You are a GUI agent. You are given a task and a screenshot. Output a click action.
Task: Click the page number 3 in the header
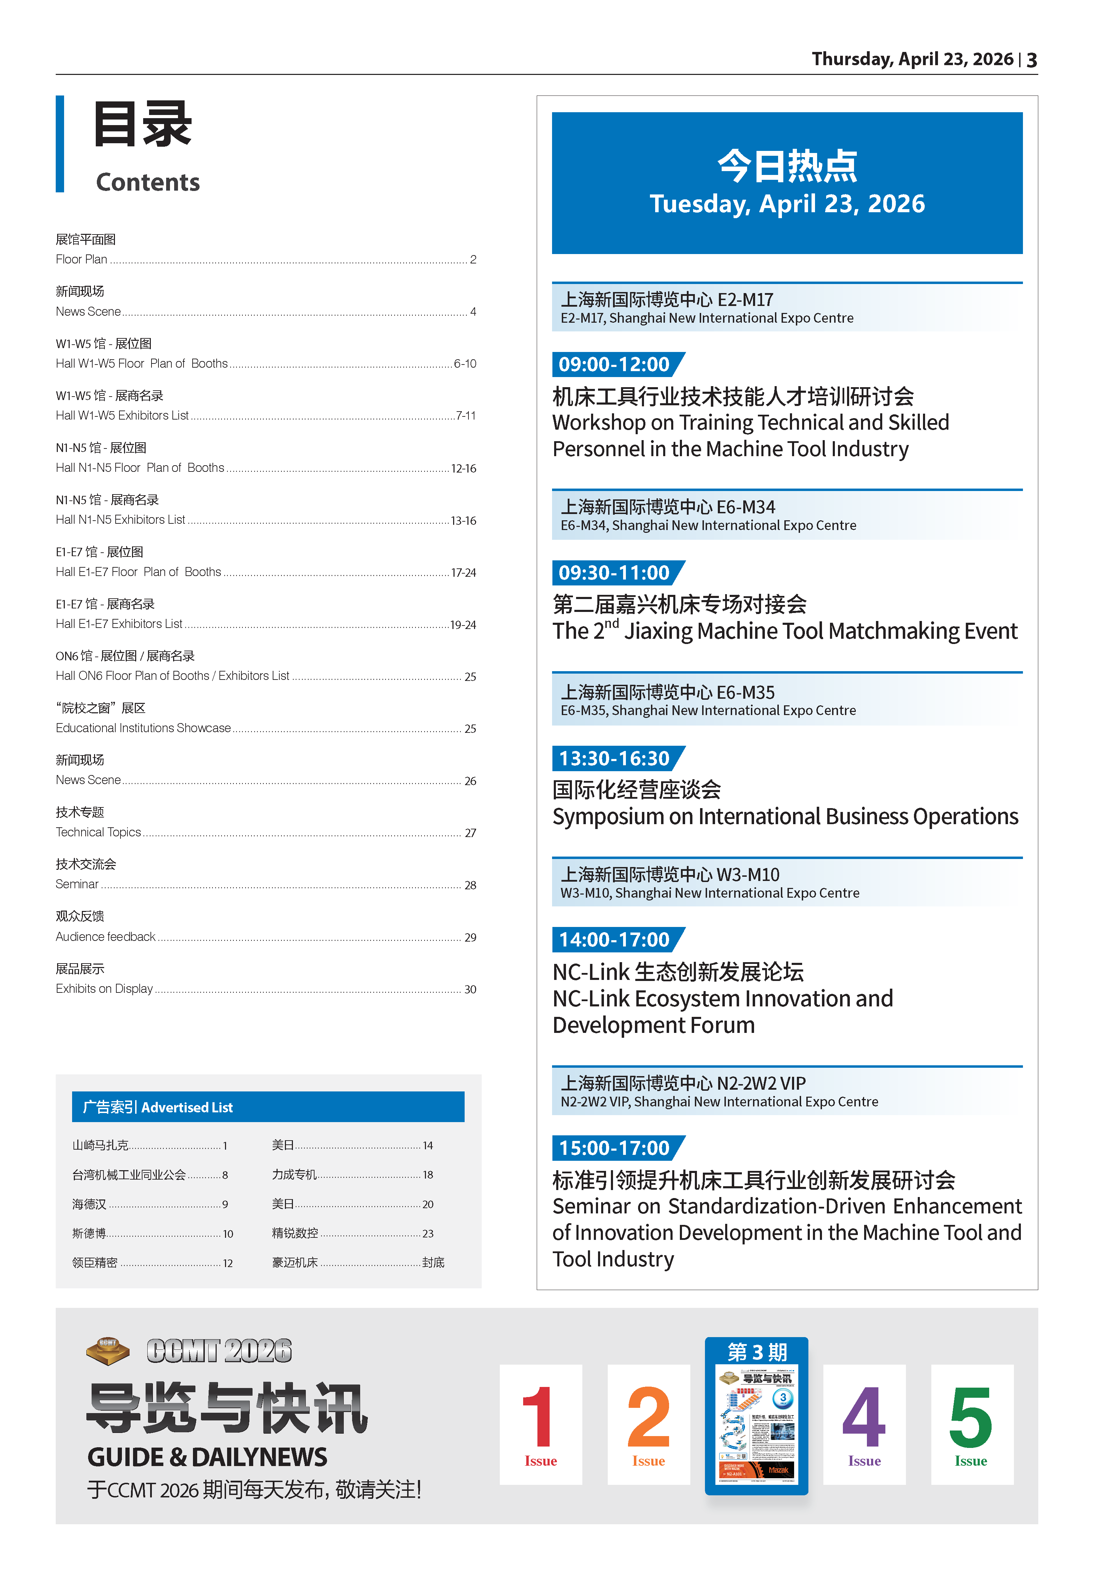pos(1032,60)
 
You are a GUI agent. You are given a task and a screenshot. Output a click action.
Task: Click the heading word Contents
pos(148,182)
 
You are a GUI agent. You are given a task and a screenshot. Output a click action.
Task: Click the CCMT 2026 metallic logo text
pos(219,1351)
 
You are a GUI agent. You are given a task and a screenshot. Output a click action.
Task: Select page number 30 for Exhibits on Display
pos(470,990)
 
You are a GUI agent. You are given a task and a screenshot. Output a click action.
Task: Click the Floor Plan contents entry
pos(82,259)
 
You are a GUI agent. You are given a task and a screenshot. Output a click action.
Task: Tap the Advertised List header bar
pos(268,1107)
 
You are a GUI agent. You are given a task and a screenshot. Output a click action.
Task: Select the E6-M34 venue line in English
pos(708,525)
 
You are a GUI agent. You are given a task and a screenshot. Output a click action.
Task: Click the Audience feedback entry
pos(106,937)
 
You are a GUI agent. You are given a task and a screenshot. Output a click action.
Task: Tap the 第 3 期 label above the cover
pos(757,1352)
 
